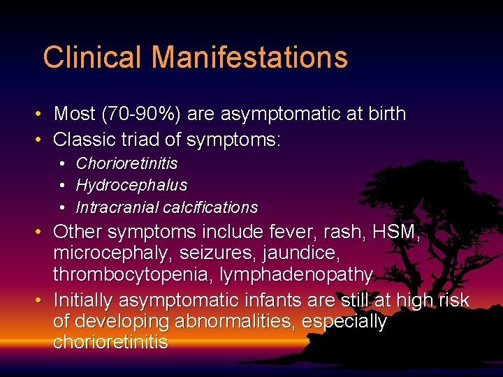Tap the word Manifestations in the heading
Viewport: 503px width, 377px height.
pos(249,57)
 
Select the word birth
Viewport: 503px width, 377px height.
pos(382,114)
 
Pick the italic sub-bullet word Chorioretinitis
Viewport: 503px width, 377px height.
pos(126,163)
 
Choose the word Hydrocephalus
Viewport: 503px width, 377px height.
pos(131,185)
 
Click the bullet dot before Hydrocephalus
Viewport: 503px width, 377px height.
pos(63,186)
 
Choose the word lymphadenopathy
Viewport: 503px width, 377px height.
pos(296,275)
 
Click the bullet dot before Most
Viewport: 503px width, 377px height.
pos(41,114)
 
